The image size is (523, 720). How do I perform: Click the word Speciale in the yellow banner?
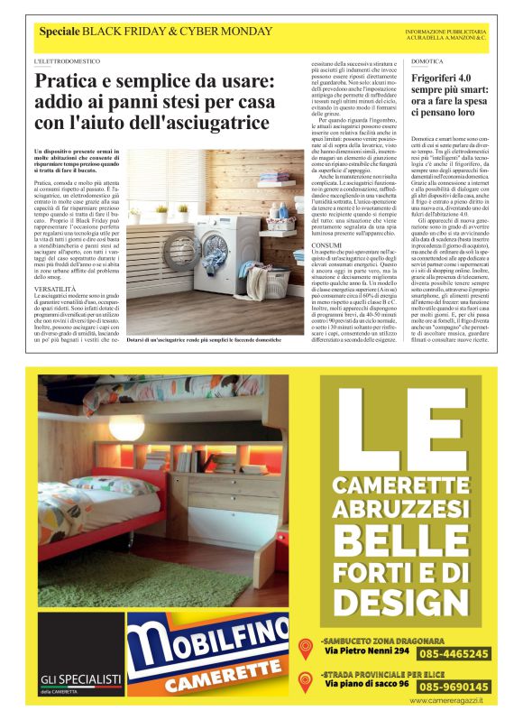59,32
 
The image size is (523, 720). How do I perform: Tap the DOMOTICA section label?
427,61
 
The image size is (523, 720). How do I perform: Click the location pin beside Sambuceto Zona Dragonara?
306,647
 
